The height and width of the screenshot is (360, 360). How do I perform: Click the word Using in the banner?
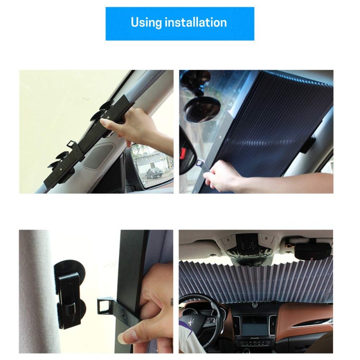[146, 23]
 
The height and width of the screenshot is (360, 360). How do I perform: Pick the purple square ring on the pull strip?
[200, 163]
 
